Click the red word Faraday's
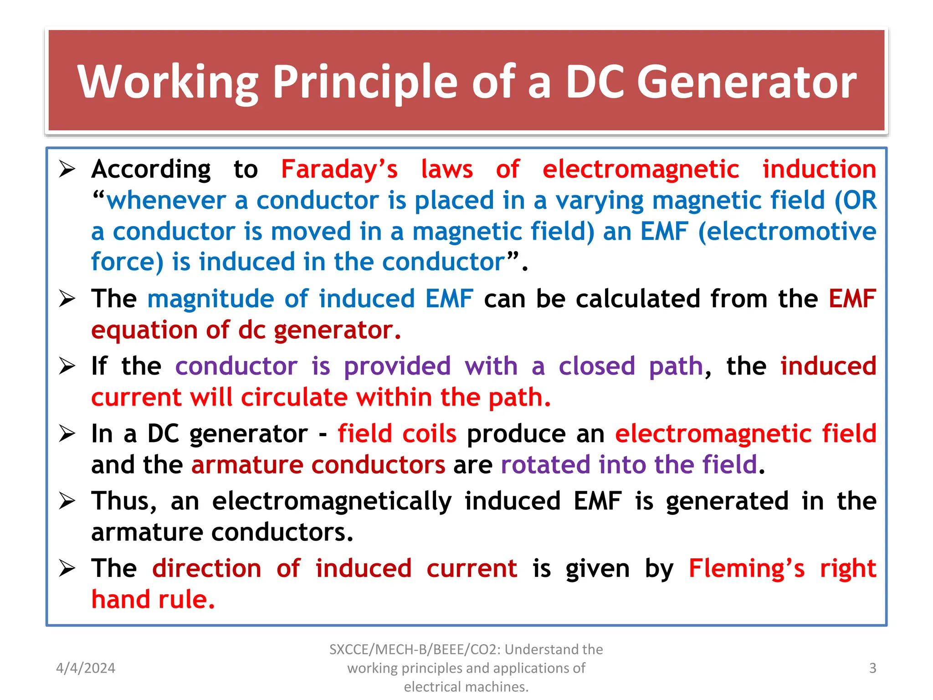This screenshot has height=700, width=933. (x=339, y=170)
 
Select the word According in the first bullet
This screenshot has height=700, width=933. (x=151, y=170)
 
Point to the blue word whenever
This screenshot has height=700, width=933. (x=166, y=201)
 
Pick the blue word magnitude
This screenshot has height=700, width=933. (x=210, y=299)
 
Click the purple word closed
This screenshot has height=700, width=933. (x=597, y=366)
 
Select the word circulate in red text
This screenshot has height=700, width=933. (x=294, y=397)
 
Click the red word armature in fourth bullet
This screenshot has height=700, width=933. (x=247, y=465)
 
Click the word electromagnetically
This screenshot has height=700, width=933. (x=332, y=501)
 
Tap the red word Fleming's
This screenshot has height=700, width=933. (x=746, y=569)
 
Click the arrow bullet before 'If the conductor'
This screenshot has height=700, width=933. (x=67, y=366)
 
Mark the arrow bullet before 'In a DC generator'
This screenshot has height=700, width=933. (x=67, y=433)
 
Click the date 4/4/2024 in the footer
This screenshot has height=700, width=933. (x=86, y=668)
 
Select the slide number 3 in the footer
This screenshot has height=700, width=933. (x=872, y=668)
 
